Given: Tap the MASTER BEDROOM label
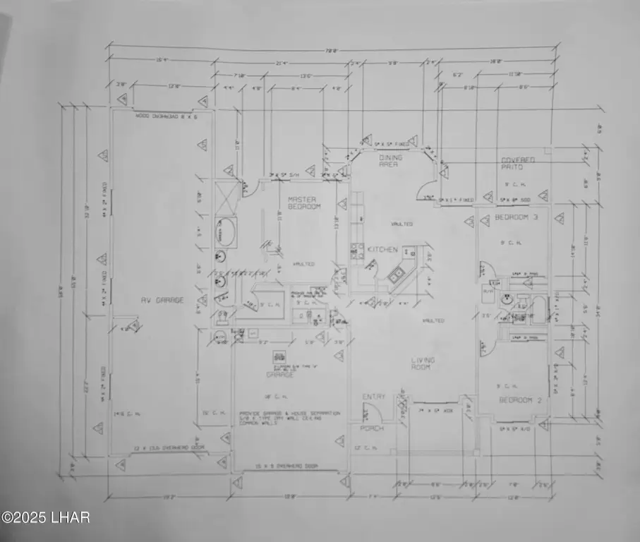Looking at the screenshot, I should pyautogui.click(x=304, y=203).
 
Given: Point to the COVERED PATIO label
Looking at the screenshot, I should pyautogui.click(x=517, y=164).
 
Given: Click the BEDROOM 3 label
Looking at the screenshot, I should pyautogui.click(x=516, y=217).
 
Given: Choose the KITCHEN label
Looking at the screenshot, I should pyautogui.click(x=382, y=250).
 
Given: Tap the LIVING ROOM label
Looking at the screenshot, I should pyautogui.click(x=423, y=363).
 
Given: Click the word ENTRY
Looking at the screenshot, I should pyautogui.click(x=373, y=397).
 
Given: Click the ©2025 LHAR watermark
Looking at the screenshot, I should pyautogui.click(x=45, y=517).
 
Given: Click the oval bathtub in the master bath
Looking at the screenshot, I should pyautogui.click(x=227, y=231).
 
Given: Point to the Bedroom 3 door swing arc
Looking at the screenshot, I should pyautogui.click(x=487, y=269).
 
